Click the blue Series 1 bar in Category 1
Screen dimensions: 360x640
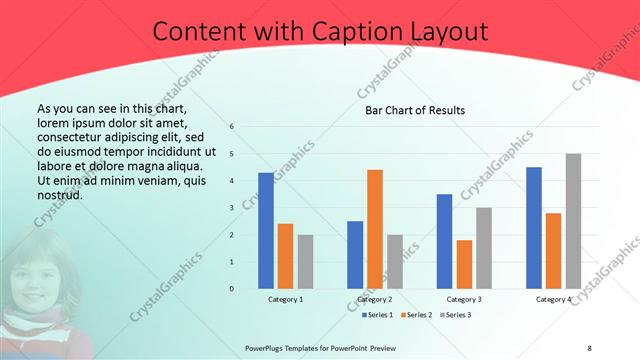tap(266, 231)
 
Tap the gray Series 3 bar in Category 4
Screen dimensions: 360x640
tap(573, 221)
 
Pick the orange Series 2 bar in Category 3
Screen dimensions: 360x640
tap(464, 264)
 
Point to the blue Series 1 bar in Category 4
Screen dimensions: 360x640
tap(534, 228)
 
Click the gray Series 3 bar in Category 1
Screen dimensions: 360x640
tap(305, 262)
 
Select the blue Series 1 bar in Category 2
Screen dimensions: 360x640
tap(355, 255)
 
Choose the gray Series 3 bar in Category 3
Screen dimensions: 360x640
tap(484, 248)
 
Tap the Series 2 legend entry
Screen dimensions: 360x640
tap(415, 315)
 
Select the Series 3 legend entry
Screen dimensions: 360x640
tap(455, 315)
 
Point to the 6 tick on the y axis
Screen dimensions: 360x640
tap(232, 127)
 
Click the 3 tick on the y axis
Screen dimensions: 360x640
tap(232, 208)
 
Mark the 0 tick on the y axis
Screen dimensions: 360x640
tap(232, 289)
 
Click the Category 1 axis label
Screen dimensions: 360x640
tap(286, 299)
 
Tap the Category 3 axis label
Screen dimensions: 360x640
tap(464, 299)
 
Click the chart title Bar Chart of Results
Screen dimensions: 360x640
tap(414, 110)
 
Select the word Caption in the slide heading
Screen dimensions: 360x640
tap(357, 32)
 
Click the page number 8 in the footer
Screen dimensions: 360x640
tap(589, 348)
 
